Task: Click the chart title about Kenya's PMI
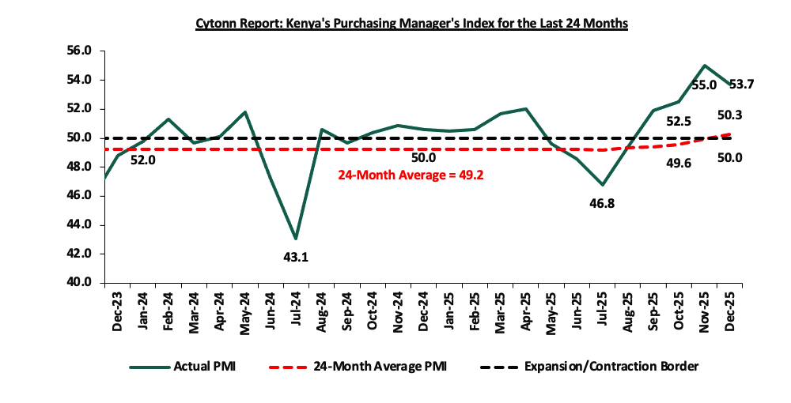[411, 24]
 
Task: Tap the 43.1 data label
[297, 257]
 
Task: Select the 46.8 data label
[601, 203]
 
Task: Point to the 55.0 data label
[703, 84]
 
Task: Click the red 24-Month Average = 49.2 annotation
[411, 175]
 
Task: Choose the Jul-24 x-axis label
[297, 307]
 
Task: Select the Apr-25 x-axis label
[526, 307]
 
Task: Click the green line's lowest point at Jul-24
[295, 239]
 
